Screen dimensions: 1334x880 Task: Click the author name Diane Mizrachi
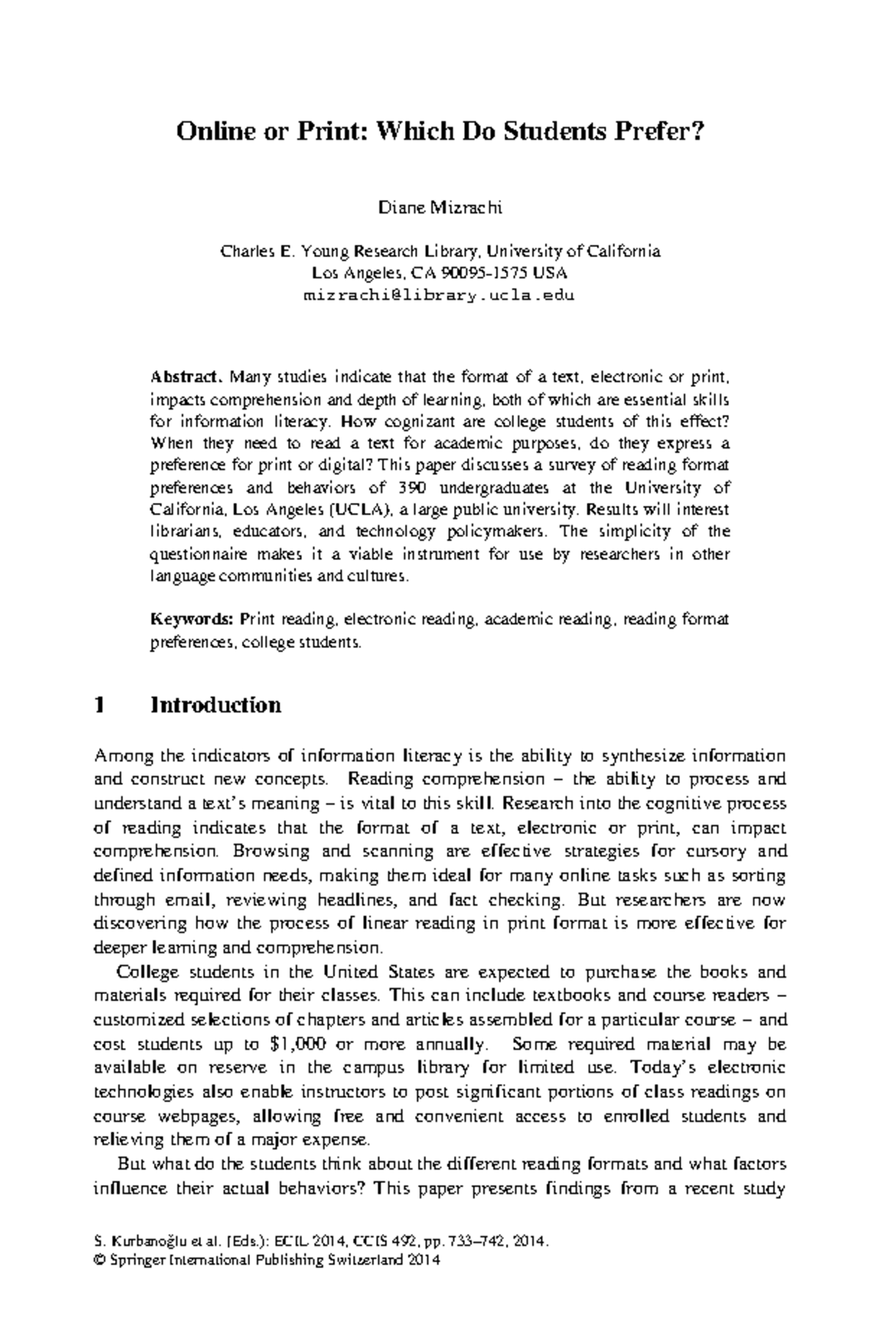pyautogui.click(x=439, y=208)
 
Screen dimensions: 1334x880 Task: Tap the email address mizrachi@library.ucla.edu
pyautogui.click(x=439, y=296)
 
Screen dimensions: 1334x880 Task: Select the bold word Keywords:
pyautogui.click(x=191, y=619)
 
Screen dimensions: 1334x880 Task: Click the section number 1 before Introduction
pyautogui.click(x=100, y=705)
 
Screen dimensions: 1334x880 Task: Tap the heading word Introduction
pyautogui.click(x=216, y=705)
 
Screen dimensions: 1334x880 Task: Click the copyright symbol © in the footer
pyautogui.click(x=100, y=1261)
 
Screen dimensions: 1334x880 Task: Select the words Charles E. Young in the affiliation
pyautogui.click(x=285, y=251)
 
